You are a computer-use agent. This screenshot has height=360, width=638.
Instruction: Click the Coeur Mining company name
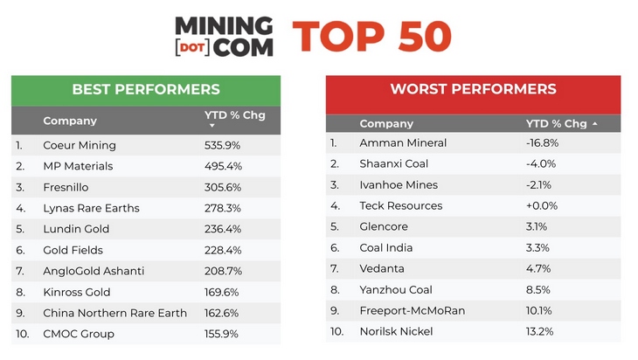click(x=80, y=145)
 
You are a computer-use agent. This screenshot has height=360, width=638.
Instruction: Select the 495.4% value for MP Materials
click(x=223, y=166)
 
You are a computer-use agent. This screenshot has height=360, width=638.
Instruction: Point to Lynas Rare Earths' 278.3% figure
click(x=223, y=208)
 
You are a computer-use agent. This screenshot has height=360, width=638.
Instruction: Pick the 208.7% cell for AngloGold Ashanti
click(x=223, y=271)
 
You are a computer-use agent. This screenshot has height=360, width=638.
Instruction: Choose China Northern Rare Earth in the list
click(x=114, y=313)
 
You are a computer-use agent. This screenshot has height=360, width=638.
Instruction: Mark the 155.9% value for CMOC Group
click(x=223, y=334)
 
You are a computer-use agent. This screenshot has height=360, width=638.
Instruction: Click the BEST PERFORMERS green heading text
click(x=146, y=89)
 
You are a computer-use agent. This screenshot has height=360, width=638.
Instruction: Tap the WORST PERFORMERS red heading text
click(x=473, y=89)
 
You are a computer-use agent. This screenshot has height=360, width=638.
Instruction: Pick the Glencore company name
click(x=384, y=226)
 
